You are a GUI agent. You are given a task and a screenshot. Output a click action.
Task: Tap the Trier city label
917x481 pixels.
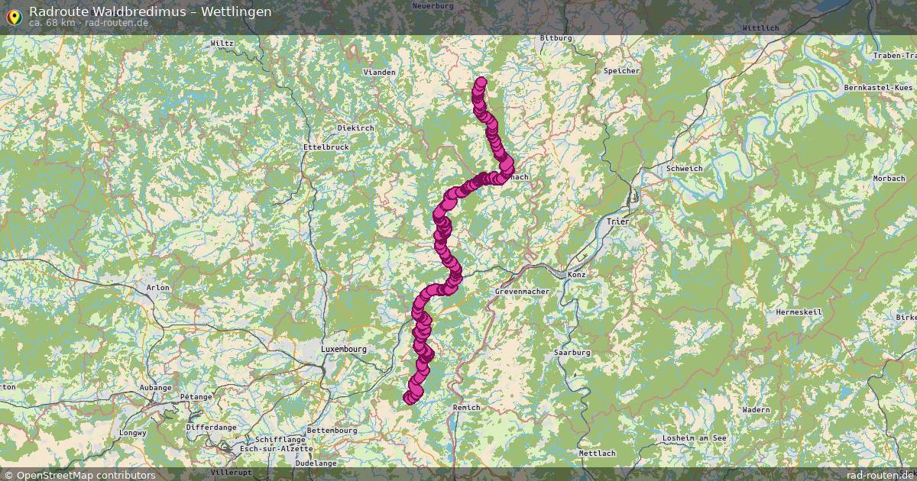617,221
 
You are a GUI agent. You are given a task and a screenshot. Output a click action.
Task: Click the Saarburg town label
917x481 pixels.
572,353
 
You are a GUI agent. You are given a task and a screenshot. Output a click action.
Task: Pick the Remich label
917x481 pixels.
466,408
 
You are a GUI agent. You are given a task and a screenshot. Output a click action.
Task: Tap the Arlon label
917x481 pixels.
157,288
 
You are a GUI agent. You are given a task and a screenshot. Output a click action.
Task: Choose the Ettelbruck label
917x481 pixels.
326,147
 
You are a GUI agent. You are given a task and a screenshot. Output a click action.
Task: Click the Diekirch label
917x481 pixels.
355,128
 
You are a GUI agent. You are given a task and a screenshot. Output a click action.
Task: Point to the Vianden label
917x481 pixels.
380,73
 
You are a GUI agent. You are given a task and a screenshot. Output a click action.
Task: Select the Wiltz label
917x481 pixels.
222,44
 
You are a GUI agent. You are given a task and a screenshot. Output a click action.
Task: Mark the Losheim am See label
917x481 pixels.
695,437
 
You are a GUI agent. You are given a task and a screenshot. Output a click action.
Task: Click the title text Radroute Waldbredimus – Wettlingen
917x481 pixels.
150,11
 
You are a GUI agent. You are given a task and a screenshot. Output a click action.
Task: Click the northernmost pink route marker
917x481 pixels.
481,82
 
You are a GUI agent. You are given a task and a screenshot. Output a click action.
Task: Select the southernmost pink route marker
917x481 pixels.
409,398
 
